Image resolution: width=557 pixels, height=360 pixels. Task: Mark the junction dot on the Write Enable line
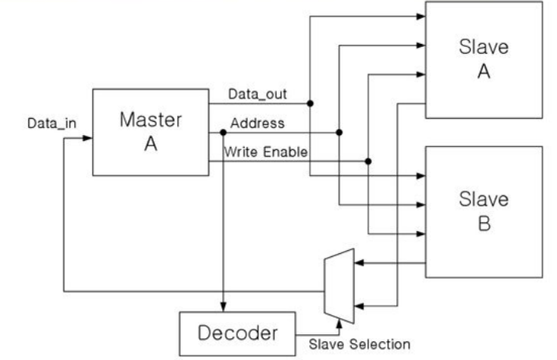click(x=368, y=161)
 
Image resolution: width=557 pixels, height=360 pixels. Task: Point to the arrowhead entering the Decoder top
click(x=221, y=305)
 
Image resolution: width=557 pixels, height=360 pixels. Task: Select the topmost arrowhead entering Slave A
click(x=421, y=15)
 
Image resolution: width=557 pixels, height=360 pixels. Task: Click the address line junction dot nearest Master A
click(x=221, y=132)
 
